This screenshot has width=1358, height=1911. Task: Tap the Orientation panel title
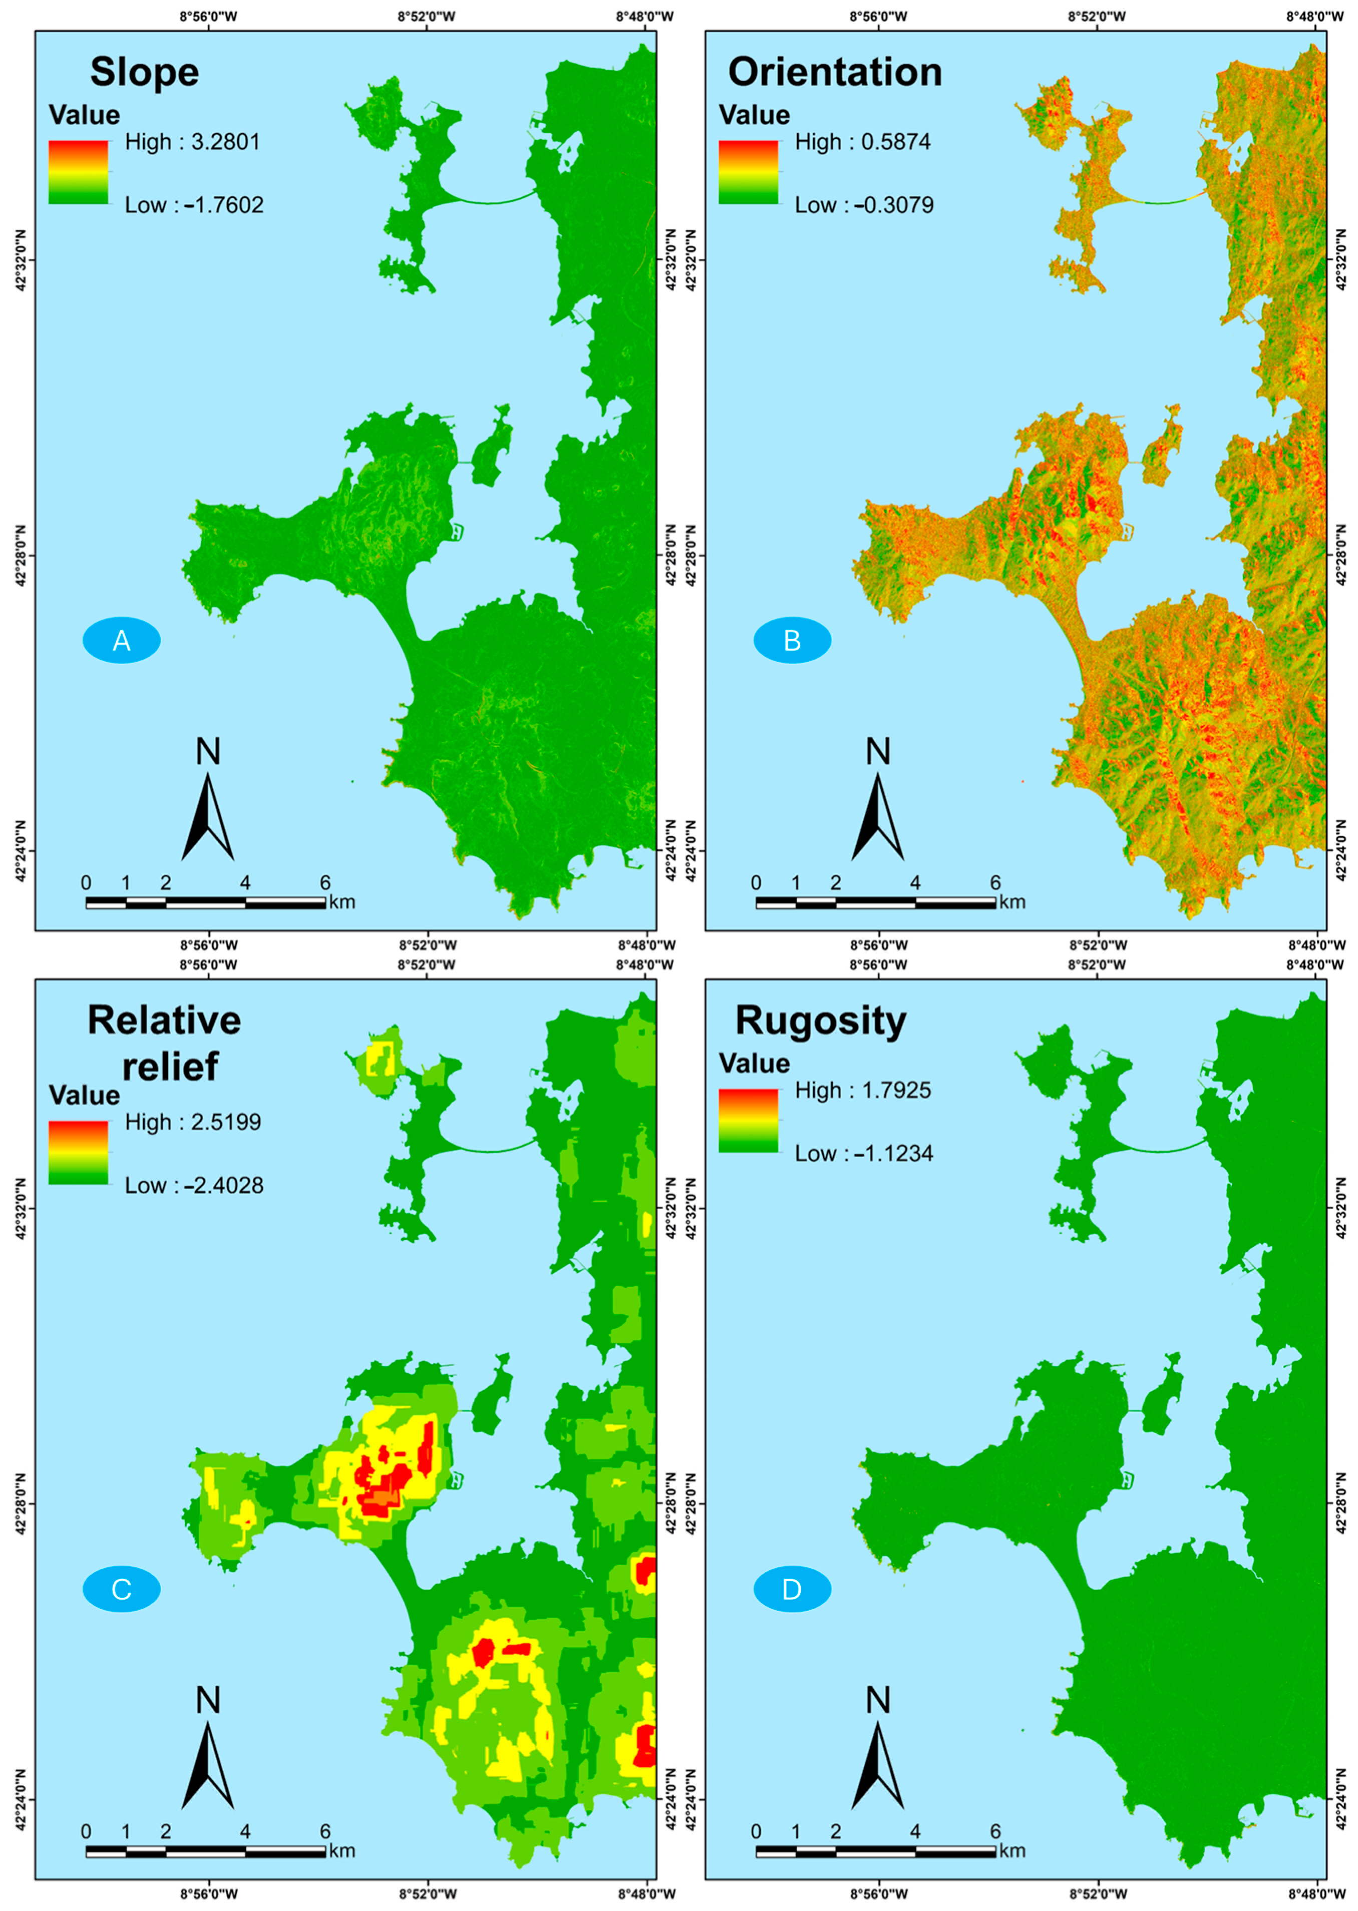click(835, 72)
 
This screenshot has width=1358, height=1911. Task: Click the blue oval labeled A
click(121, 641)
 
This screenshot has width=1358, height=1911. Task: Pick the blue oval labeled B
click(792, 641)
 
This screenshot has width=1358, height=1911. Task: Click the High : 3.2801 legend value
click(192, 142)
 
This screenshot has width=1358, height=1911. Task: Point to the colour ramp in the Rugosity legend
click(749, 1121)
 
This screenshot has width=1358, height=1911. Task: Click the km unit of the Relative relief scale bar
click(342, 1851)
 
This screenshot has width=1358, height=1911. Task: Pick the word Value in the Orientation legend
click(754, 115)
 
